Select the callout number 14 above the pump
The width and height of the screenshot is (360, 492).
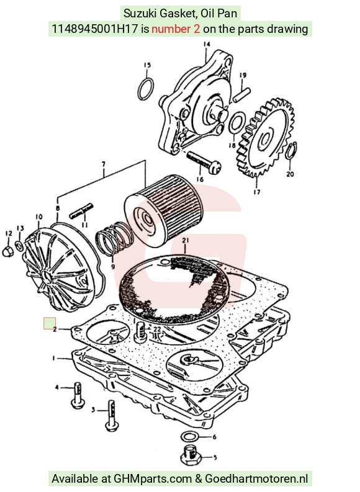point(206,44)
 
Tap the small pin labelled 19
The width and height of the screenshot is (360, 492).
point(241,95)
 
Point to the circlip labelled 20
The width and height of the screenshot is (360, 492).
point(289,152)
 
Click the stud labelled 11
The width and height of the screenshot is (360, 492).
point(81,211)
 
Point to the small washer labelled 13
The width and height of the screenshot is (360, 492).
point(19,245)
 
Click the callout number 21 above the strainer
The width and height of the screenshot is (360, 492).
point(185,241)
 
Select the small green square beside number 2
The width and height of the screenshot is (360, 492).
point(50,323)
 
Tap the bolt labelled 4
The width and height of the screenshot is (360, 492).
point(78,395)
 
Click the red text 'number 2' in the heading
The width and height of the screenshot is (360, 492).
point(176,29)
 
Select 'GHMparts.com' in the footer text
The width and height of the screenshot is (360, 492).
point(153,479)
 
